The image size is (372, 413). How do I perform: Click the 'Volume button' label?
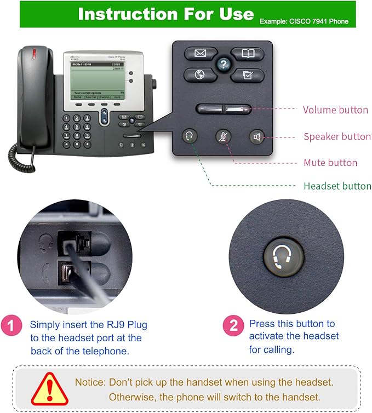[x=335, y=110]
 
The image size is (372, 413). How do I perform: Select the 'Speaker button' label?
[x=337, y=136]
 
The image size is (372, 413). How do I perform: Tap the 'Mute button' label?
[x=330, y=163]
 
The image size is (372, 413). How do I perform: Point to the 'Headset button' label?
[x=337, y=186]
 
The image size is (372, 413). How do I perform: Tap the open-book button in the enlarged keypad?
[x=247, y=54]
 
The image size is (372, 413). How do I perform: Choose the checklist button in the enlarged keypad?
[x=247, y=75]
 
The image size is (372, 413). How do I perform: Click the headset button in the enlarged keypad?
[x=190, y=136]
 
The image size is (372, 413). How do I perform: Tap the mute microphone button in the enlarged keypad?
[x=223, y=136]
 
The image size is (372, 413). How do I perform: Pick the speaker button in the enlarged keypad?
[x=256, y=136]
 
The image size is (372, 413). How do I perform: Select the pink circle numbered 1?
[x=12, y=326]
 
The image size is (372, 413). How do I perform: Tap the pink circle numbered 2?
[x=233, y=326]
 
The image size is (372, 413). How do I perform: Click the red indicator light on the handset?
[x=35, y=55]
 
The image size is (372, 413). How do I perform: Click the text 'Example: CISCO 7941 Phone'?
[x=304, y=22]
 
